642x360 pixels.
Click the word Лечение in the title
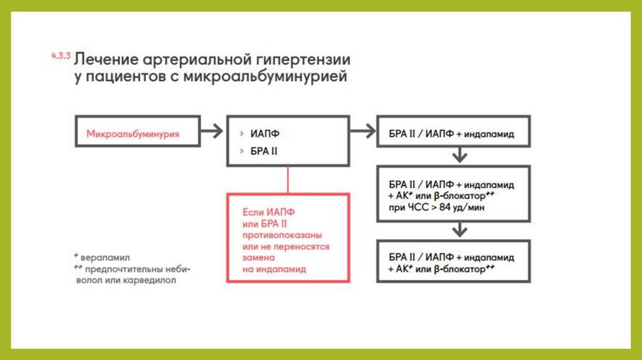pos(106,61)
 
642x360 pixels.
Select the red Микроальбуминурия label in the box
pos(133,134)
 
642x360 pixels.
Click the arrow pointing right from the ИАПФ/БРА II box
pos(362,131)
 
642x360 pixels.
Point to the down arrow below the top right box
pos(460,155)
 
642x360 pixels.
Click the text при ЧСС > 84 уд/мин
pos(436,207)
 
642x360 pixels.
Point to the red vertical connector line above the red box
pos(287,179)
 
